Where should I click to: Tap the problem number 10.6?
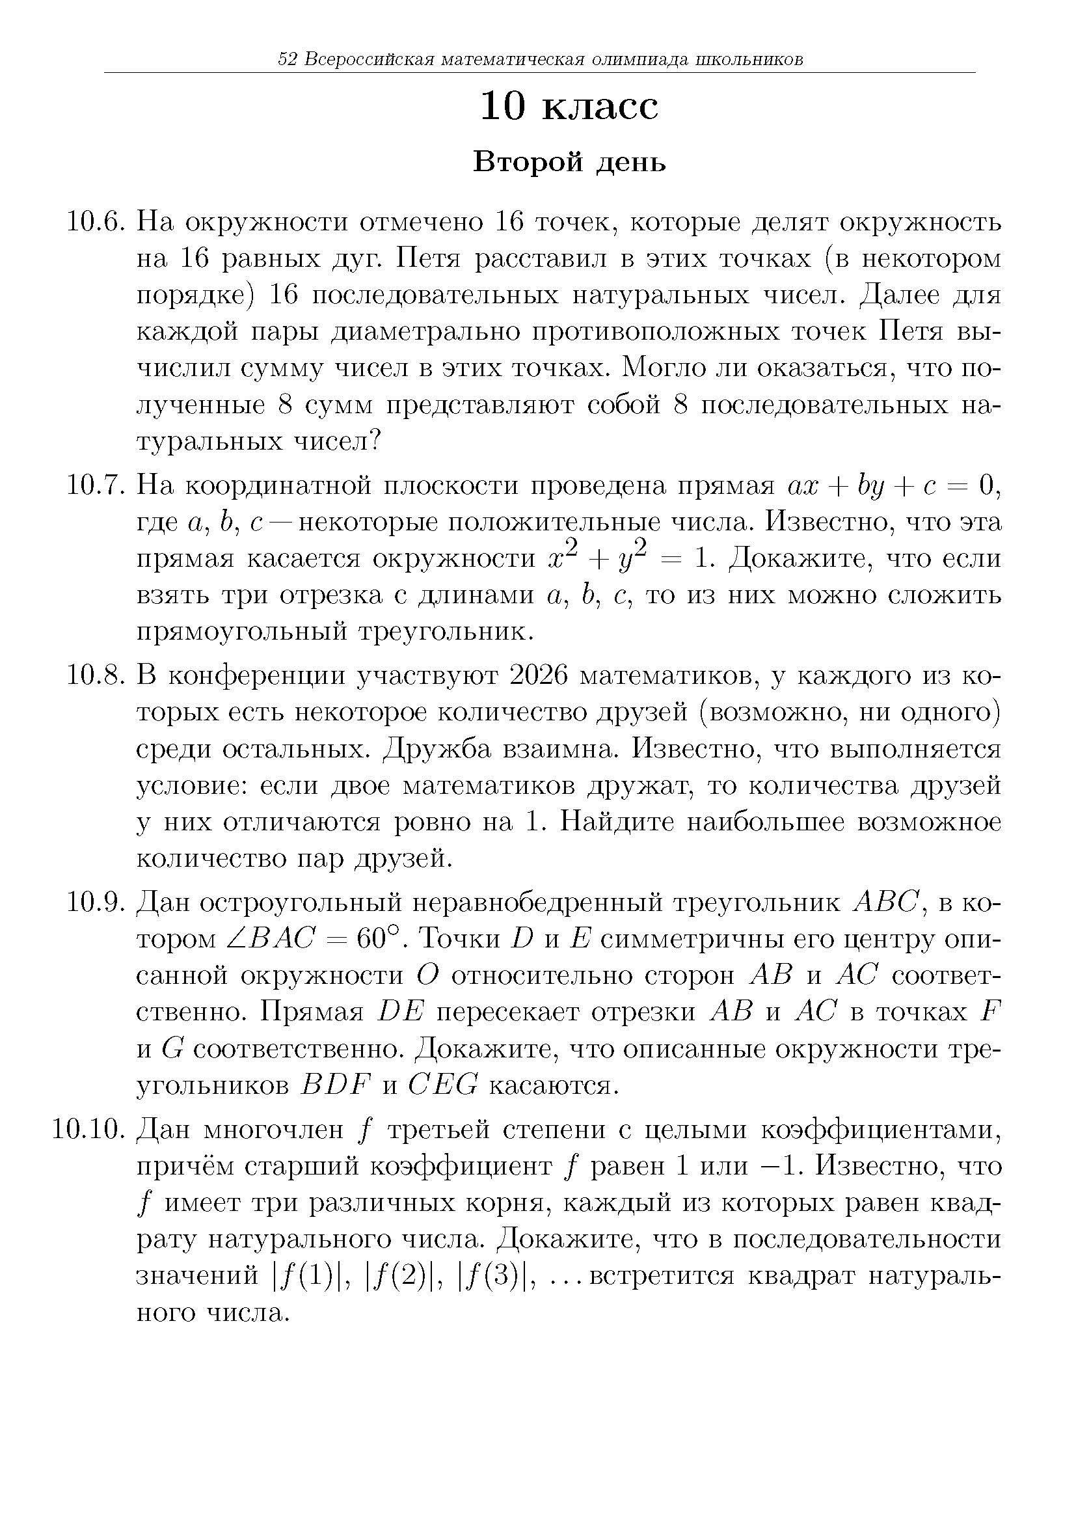coord(96,223)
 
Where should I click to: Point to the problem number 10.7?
coord(96,487)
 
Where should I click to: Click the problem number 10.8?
coord(96,677)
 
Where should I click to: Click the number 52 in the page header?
coord(287,60)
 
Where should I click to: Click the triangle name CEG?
coord(442,1086)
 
